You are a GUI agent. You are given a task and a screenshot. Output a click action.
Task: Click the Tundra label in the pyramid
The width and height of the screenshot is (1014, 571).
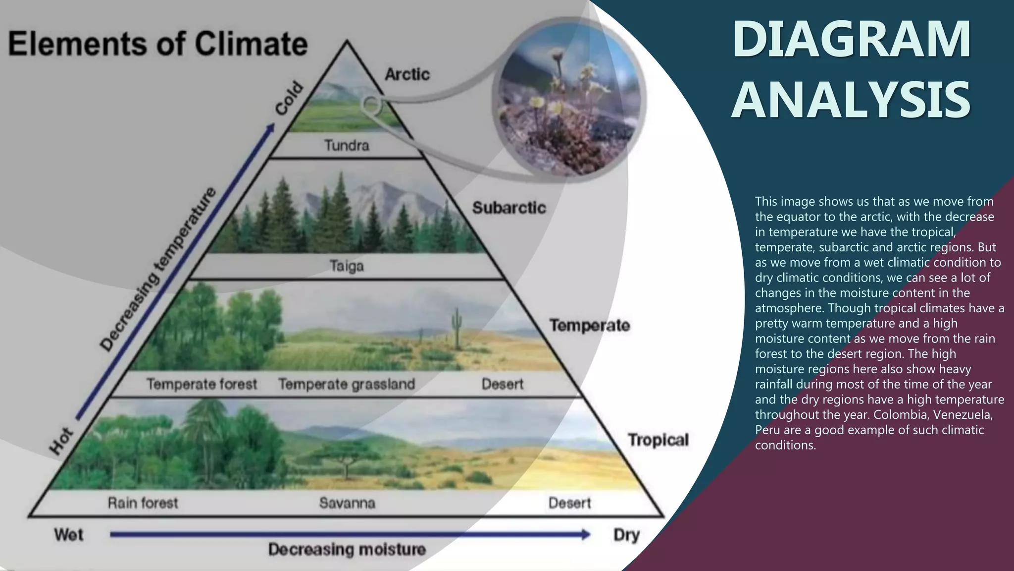tap(347, 145)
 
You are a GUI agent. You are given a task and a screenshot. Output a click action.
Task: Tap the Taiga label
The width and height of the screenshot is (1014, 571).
tap(347, 266)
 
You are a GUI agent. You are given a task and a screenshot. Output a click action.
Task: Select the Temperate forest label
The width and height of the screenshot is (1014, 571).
tap(202, 384)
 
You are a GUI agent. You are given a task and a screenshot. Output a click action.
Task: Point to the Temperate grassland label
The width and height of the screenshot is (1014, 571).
tap(347, 384)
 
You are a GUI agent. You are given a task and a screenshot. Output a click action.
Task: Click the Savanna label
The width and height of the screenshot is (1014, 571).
tap(347, 503)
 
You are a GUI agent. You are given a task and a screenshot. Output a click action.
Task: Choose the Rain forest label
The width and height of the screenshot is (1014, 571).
tap(143, 503)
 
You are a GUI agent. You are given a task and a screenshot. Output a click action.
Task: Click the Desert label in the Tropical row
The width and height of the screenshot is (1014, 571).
tap(569, 503)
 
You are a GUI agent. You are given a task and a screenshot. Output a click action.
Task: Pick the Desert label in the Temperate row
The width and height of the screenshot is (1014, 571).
tap(502, 384)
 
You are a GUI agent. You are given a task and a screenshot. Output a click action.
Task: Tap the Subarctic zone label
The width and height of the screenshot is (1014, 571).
tap(508, 208)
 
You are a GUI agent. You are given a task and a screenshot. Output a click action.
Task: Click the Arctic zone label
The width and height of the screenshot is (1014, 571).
tap(407, 74)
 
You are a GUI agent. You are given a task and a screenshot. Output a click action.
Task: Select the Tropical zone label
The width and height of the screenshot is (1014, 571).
tap(658, 440)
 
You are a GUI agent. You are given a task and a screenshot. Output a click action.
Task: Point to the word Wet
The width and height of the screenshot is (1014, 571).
tap(69, 535)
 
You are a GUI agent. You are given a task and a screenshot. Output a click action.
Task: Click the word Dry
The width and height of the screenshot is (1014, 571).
tap(626, 535)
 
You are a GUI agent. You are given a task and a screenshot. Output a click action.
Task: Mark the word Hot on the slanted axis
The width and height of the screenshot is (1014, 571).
tap(61, 441)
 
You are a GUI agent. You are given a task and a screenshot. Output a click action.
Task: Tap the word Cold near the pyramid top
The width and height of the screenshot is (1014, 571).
tap(289, 98)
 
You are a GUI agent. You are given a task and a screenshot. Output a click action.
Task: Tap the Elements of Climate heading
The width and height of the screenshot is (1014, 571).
tap(157, 44)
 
